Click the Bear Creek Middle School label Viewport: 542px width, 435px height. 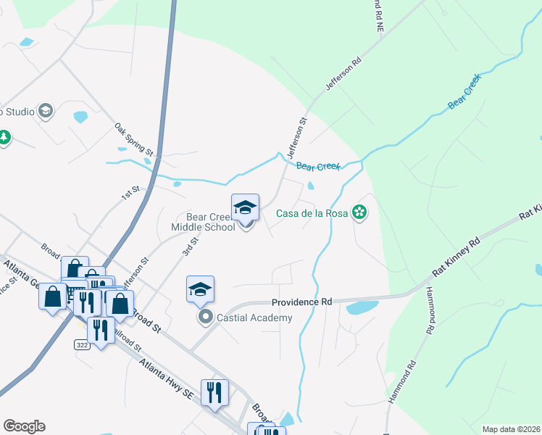tap(211, 222)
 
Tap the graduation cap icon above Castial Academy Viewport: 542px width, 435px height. tap(201, 289)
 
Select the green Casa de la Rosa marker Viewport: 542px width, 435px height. tap(358, 212)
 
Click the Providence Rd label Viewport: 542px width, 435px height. tap(301, 302)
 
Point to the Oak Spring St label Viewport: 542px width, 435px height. tap(134, 139)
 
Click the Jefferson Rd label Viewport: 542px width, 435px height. tap(343, 75)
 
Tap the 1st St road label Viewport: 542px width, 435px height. tap(130, 193)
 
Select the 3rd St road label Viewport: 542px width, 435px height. tap(190, 244)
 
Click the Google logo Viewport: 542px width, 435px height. tap(24, 426)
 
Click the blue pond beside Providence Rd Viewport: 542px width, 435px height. tap(362, 307)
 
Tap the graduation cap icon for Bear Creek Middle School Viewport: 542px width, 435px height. tap(245, 208)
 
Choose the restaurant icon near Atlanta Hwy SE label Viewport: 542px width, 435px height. tap(214, 392)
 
